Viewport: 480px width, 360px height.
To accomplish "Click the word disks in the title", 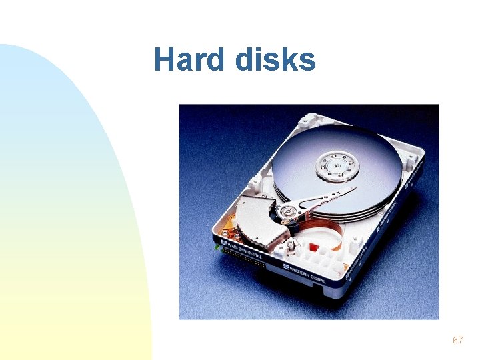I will point(275,60).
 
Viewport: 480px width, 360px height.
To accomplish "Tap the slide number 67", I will point(457,341).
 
